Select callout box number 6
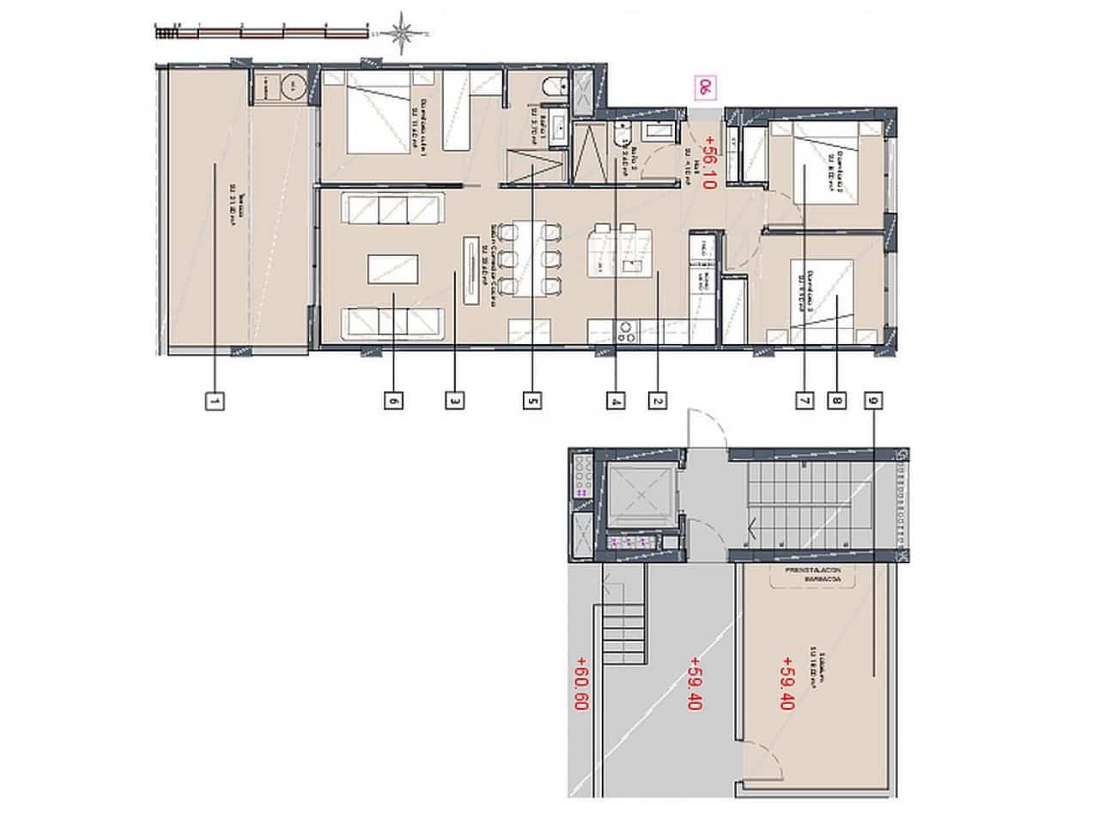(x=393, y=400)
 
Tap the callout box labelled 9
(x=874, y=400)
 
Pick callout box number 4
(x=615, y=400)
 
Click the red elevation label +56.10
(x=708, y=162)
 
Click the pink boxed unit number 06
(x=705, y=87)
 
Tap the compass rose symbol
(x=402, y=33)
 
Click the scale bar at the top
(x=263, y=33)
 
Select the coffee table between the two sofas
(x=393, y=269)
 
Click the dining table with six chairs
(x=531, y=258)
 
